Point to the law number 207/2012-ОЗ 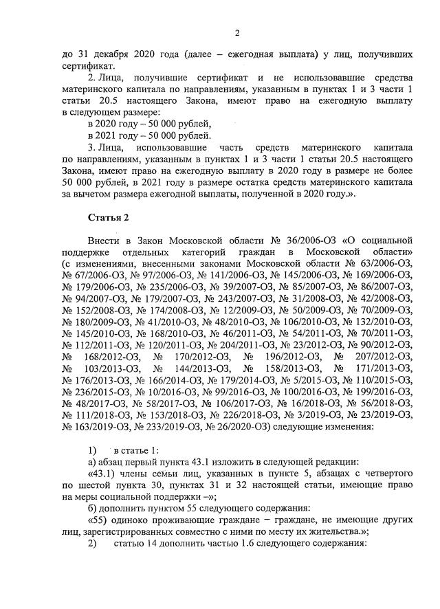pyautogui.click(x=378, y=356)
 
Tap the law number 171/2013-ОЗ pyautogui.click(x=378, y=368)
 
